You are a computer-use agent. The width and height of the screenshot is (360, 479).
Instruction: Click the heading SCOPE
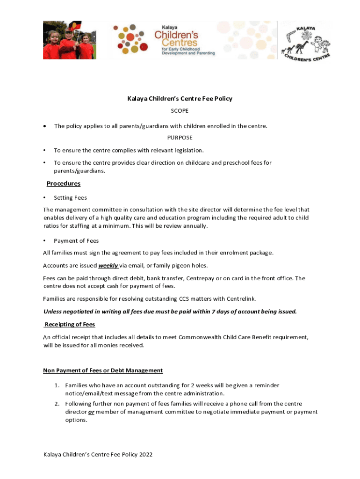click(x=180, y=110)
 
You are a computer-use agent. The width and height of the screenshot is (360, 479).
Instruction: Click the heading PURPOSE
click(x=180, y=138)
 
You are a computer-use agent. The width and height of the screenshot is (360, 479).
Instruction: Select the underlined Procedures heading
click(x=64, y=183)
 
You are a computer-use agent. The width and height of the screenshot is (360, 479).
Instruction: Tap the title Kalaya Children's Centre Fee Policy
click(x=180, y=99)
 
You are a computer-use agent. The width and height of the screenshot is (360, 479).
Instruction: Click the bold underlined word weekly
click(x=108, y=266)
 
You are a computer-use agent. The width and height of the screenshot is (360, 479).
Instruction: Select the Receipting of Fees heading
click(x=70, y=324)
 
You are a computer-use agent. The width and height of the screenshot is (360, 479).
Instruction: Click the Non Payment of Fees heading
click(x=103, y=370)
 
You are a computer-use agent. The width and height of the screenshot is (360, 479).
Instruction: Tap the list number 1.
click(x=56, y=385)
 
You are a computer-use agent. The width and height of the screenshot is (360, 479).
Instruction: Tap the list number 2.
click(x=56, y=404)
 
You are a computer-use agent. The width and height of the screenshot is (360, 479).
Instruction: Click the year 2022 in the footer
click(x=145, y=455)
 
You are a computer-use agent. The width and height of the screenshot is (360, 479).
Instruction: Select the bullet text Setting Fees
click(x=70, y=198)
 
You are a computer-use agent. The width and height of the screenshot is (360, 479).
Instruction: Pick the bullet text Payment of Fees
click(x=76, y=241)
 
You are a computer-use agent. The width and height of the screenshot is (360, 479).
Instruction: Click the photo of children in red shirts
click(x=69, y=40)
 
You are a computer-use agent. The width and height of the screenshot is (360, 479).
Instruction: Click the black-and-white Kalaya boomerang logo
click(x=306, y=41)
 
